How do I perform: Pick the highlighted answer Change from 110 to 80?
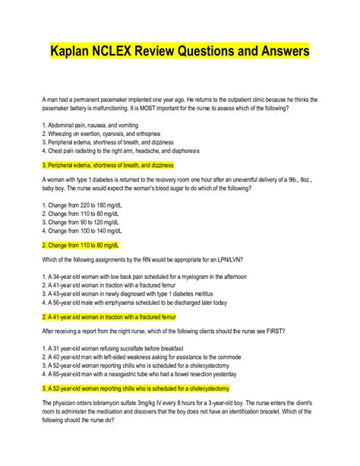click(81, 246)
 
